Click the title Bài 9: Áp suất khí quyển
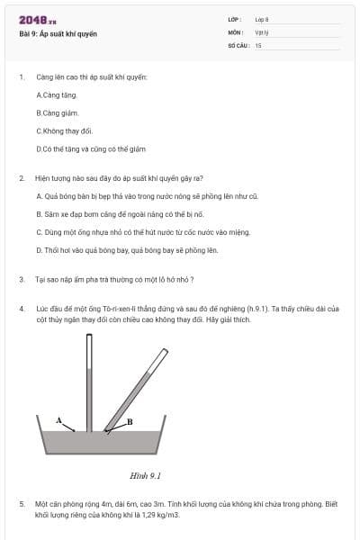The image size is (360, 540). point(58,34)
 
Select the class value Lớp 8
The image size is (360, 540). point(262,19)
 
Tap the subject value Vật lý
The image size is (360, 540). point(262,31)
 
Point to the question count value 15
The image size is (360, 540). point(258,44)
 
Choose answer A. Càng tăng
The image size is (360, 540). point(57,94)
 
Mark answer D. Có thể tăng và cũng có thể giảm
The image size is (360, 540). point(91,148)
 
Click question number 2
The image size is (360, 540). point(21,178)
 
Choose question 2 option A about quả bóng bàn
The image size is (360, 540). point(148,195)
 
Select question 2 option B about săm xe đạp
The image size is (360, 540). point(133,214)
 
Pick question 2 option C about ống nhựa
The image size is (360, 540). point(143,232)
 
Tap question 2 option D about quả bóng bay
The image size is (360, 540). point(127,250)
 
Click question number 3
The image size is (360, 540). point(21,280)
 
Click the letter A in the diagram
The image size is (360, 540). point(58,420)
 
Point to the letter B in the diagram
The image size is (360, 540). point(130,421)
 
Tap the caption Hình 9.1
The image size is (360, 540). point(145,474)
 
